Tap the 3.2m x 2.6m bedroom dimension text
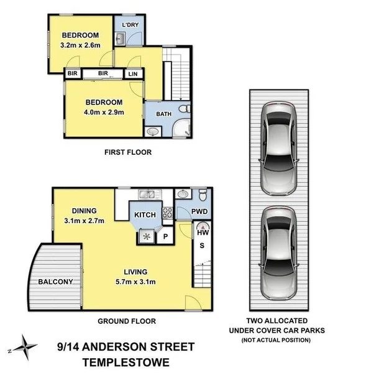[x=80, y=45]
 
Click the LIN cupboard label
[x=133, y=73]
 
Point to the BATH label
[x=163, y=114]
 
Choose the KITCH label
[x=145, y=214]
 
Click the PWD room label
[x=199, y=212]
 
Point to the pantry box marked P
[x=166, y=236]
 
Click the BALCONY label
[x=56, y=282]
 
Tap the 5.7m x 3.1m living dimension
[x=135, y=282]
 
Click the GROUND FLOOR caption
[x=127, y=321]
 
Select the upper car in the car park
[x=279, y=148]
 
